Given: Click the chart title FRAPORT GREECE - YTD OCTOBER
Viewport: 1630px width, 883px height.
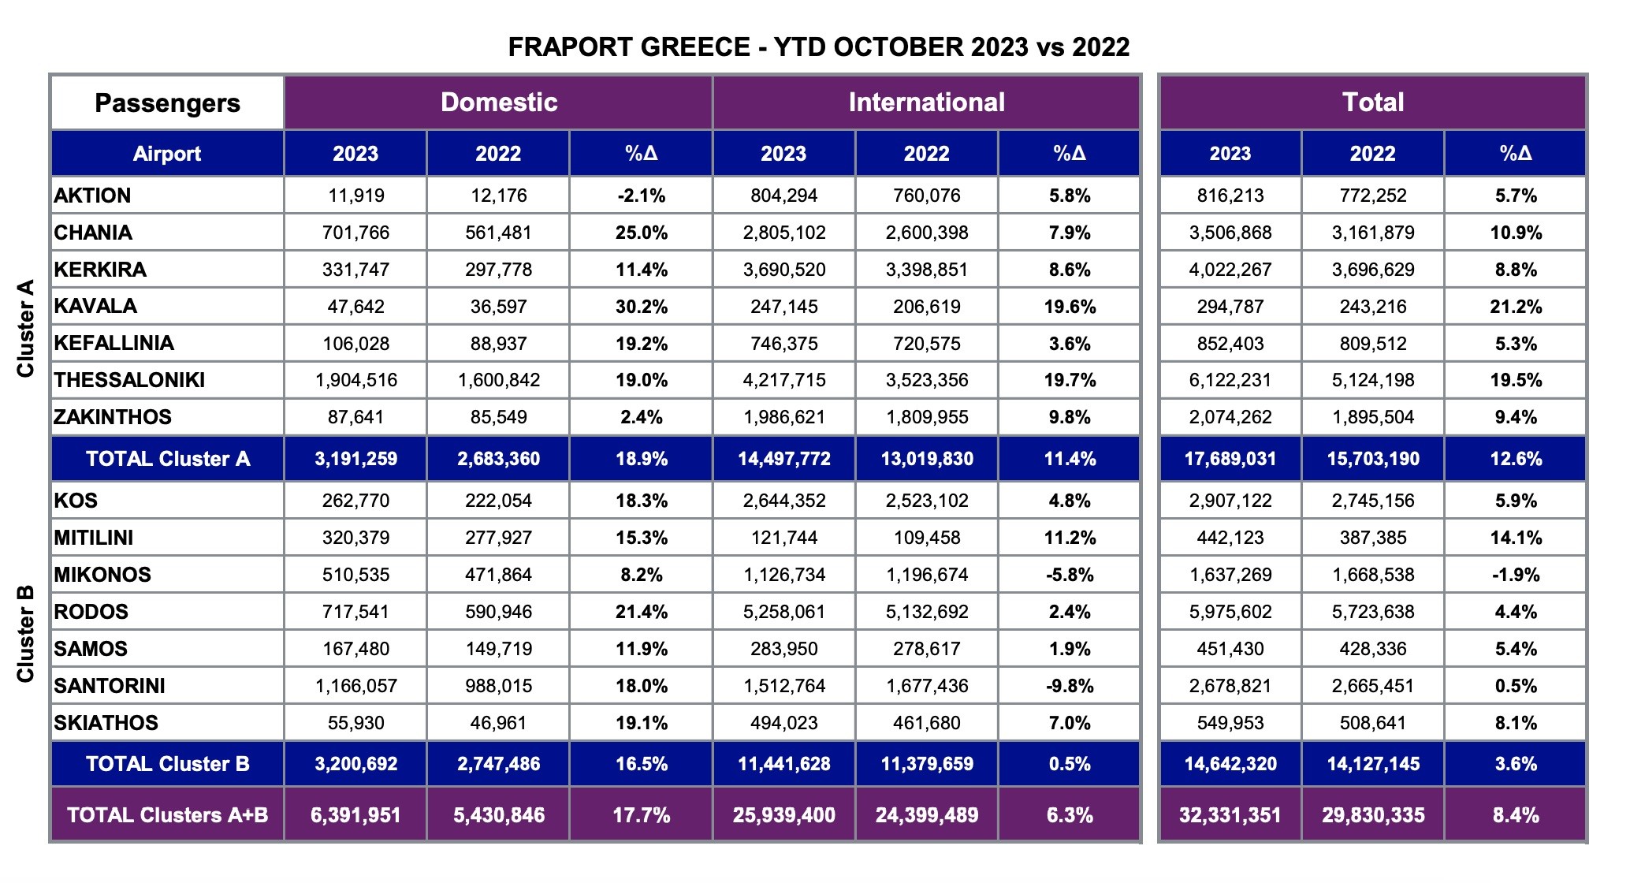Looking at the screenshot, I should point(818,47).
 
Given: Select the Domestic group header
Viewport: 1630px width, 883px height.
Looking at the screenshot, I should point(498,102).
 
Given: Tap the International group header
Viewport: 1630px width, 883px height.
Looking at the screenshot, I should point(926,102).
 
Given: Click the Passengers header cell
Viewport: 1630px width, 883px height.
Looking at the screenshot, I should point(167,103).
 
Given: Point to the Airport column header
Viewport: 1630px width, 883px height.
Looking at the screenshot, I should point(167,154).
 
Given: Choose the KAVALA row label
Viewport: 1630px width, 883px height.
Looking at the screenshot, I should point(95,306).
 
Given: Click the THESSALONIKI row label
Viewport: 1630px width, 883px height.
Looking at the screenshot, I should point(129,380).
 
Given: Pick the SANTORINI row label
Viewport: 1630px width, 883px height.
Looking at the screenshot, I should point(110,686).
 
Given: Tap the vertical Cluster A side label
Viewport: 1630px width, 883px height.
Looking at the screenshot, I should point(26,328).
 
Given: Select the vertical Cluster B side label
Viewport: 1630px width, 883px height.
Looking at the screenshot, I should point(26,634).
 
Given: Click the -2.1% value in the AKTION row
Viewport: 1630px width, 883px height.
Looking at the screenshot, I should point(641,196).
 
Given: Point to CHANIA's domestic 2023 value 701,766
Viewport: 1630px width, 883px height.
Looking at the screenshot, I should point(355,233).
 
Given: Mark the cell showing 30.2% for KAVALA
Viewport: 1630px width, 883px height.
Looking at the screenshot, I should point(641,307).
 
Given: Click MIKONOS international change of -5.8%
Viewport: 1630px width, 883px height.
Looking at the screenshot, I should point(1069,575).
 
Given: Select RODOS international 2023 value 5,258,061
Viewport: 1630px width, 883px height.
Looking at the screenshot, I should point(783,612).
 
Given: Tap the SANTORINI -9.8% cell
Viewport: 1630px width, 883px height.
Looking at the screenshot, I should point(1069,686).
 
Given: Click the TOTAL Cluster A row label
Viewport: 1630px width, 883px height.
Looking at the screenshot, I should point(167,459).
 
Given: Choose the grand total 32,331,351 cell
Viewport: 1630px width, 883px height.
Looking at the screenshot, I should point(1230,815).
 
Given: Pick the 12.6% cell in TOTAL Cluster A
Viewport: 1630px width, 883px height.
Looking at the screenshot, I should point(1515,459).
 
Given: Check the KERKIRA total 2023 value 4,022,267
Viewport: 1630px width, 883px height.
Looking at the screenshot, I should point(1230,270).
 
